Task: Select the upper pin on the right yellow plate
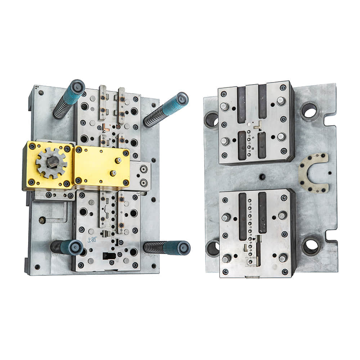pos(118,161)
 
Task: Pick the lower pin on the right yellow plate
pos(113,173)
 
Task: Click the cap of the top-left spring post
pos(77,87)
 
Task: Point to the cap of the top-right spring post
pos(182,99)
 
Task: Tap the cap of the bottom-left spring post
pos(76,248)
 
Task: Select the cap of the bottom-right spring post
pos(184,248)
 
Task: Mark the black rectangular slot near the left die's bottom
pos(109,256)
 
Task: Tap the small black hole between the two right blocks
pos(262,177)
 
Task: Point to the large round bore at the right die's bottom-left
pos(213,248)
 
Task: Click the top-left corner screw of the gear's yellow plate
pos(32,146)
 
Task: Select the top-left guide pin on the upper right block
pos(225,107)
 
